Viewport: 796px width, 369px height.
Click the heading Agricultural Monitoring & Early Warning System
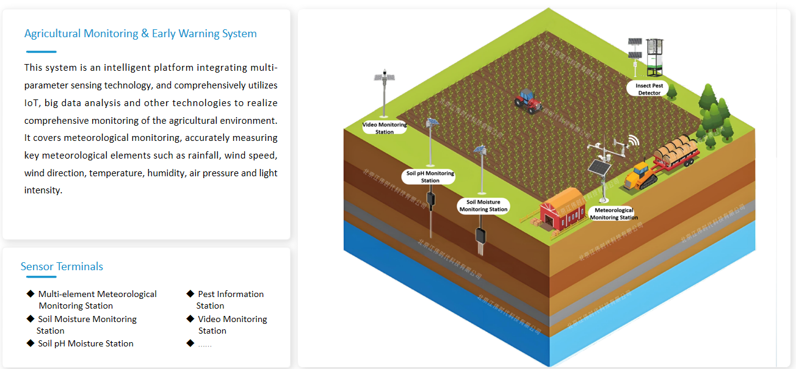(140, 34)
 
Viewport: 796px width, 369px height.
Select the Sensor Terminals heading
(62, 267)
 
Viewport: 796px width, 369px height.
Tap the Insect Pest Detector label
(649, 89)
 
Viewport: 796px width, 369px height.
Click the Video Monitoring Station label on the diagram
(385, 128)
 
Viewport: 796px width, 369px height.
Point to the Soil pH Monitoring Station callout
(430, 177)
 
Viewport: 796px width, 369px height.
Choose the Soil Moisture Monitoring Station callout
(483, 206)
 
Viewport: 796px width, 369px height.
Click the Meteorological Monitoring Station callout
(613, 213)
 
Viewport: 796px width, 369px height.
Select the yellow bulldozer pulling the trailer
(640, 174)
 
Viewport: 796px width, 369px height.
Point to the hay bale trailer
(675, 152)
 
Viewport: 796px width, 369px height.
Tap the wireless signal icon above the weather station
(632, 142)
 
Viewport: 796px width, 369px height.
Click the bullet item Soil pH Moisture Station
(85, 343)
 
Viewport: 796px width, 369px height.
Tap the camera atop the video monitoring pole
(384, 76)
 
